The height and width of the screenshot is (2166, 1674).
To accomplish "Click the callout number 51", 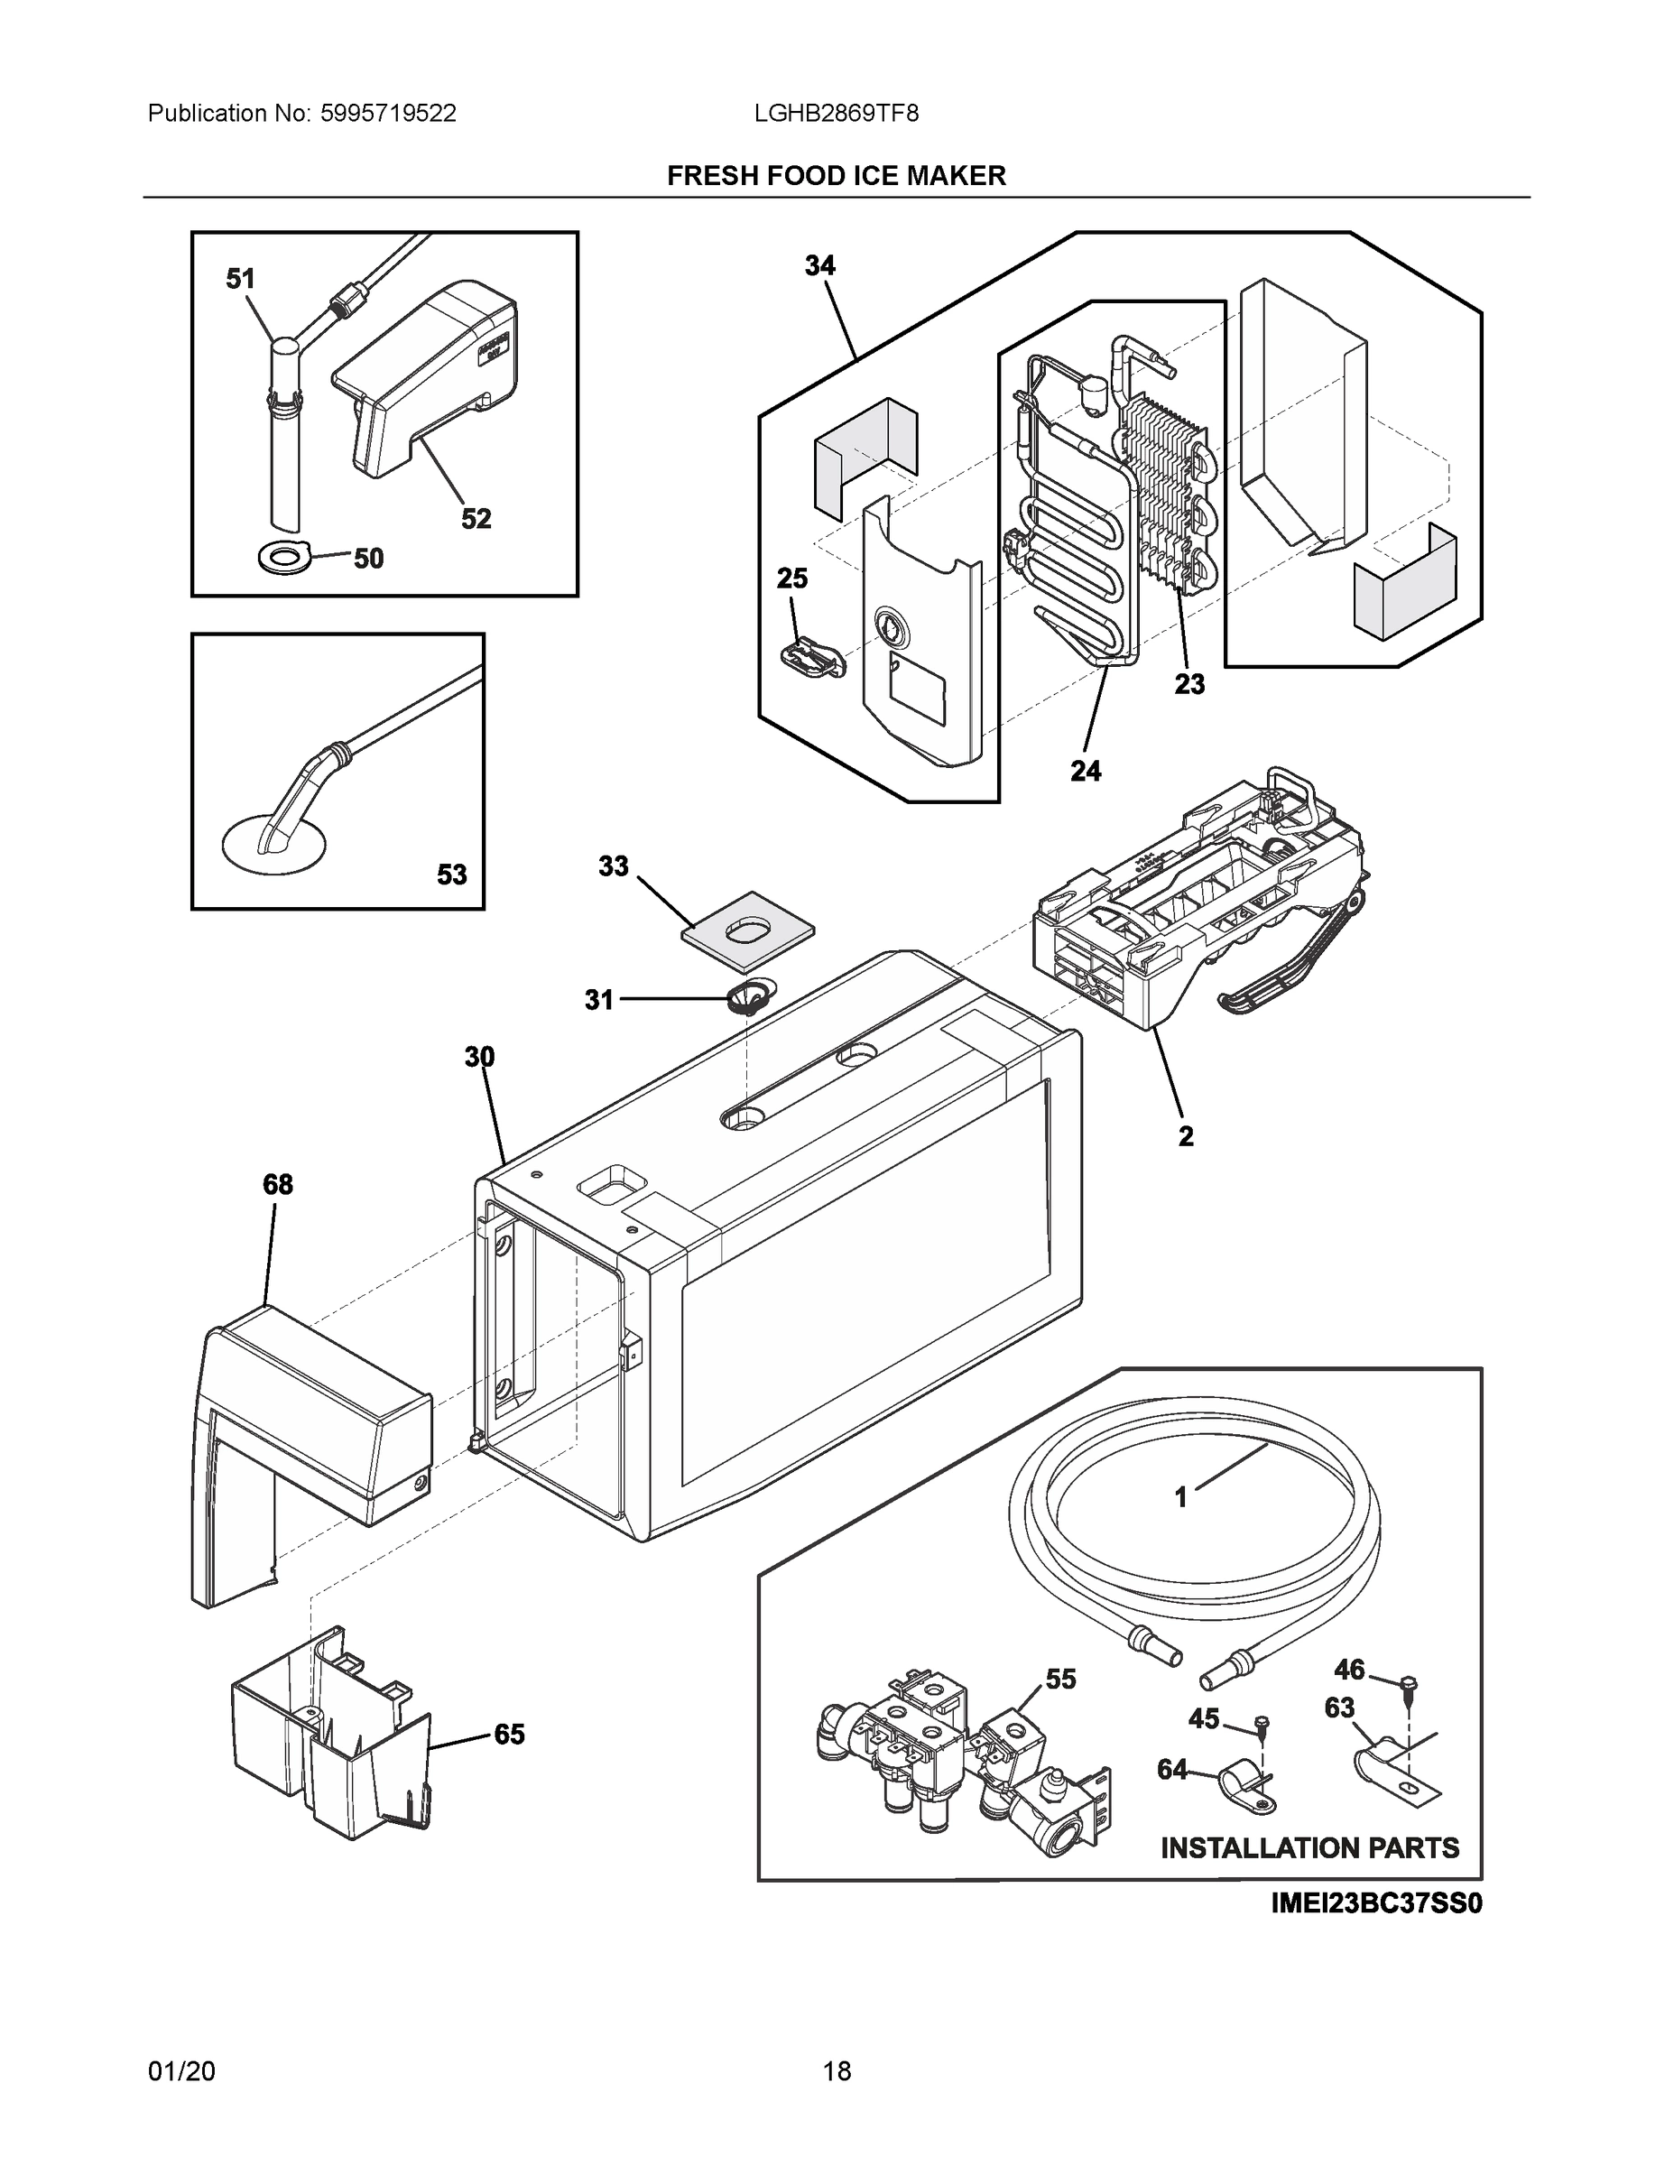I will (240, 280).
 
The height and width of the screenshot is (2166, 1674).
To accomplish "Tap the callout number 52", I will (476, 519).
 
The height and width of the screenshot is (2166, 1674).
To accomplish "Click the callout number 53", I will (451, 875).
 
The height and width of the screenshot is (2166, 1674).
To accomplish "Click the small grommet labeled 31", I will (751, 996).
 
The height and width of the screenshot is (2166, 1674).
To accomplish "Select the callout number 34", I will (819, 266).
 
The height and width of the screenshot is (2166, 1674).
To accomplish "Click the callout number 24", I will (1085, 771).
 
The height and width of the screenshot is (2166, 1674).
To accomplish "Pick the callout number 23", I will (1189, 683).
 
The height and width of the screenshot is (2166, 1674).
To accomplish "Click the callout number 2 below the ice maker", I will (1185, 1136).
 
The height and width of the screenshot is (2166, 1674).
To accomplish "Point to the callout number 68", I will (278, 1184).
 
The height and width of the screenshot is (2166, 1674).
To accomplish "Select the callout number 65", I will (509, 1734).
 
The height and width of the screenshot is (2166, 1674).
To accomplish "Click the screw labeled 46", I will (1410, 1683).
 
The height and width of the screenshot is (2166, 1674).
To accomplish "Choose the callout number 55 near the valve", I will (1060, 1678).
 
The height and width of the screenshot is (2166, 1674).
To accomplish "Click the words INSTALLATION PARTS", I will (1309, 1847).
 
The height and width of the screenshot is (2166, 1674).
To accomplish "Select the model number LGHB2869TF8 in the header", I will (836, 114).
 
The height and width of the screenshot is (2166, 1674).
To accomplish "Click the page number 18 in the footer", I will (836, 2071).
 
